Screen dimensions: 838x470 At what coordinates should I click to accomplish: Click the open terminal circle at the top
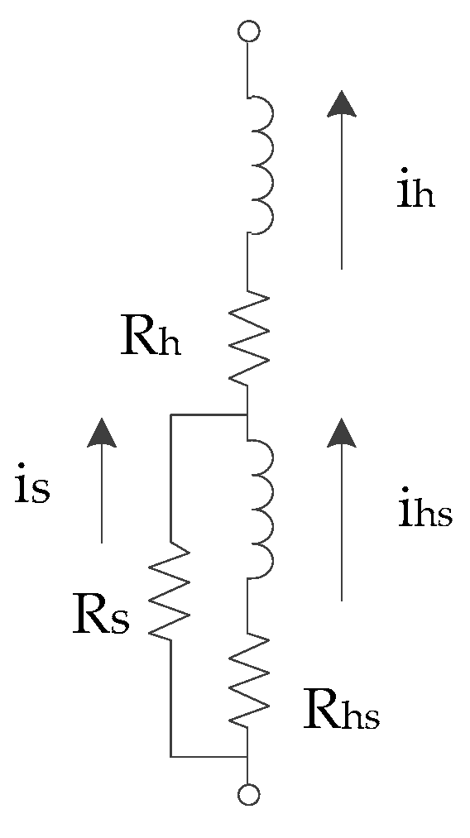pyautogui.click(x=248, y=32)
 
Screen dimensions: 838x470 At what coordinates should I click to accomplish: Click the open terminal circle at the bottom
pyautogui.click(x=248, y=795)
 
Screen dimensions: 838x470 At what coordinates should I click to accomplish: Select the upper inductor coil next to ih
pyautogui.click(x=260, y=165)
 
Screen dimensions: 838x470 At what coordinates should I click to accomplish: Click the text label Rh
pyautogui.click(x=151, y=338)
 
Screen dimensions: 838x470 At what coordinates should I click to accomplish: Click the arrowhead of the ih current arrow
pyautogui.click(x=340, y=103)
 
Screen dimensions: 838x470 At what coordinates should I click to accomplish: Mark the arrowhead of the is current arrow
pyautogui.click(x=102, y=432)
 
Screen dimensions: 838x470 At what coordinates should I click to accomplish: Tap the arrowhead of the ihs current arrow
pyautogui.click(x=340, y=431)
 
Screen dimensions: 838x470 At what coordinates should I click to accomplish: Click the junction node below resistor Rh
pyautogui.click(x=248, y=414)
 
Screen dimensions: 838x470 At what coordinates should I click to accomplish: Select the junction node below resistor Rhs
pyautogui.click(x=248, y=756)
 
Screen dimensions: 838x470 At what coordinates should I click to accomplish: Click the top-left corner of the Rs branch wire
pyautogui.click(x=170, y=414)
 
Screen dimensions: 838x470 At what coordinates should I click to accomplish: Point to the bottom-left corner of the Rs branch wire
pyautogui.click(x=170, y=756)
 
